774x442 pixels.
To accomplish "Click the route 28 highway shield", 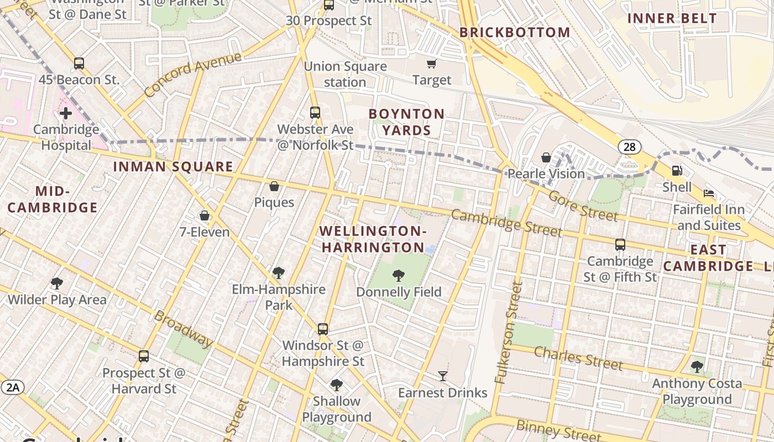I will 630,146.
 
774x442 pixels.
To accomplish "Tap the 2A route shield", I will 13,387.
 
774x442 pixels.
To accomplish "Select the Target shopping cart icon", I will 431,64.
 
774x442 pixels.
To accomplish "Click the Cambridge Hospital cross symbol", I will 66,114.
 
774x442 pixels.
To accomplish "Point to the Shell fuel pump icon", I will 677,171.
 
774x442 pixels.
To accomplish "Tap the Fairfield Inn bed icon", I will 709,193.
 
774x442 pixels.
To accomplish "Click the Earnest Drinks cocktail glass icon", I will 443,376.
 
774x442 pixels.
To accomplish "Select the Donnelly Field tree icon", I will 398,276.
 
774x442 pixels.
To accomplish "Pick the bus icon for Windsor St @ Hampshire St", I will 323,329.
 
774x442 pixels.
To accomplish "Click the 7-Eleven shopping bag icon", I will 205,215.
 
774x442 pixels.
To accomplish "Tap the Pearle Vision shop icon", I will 546,157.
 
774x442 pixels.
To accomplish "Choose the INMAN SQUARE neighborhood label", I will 173,167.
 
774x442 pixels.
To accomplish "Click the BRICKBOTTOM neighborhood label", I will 515,33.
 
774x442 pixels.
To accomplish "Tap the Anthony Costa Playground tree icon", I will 697,367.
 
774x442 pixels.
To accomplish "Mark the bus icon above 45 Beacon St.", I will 79,64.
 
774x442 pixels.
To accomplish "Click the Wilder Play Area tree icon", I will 56,283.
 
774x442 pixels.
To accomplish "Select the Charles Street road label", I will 578,358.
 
